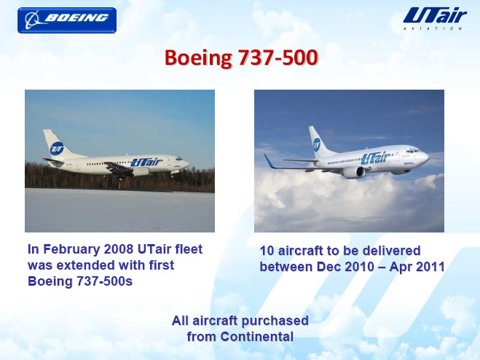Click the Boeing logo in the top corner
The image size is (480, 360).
(x=67, y=20)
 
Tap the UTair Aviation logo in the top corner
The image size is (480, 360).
(x=435, y=18)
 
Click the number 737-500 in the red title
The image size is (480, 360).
(x=278, y=58)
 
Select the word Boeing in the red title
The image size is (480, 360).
(x=198, y=58)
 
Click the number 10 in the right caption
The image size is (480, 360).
(x=267, y=251)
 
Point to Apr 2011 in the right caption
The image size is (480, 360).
(x=417, y=267)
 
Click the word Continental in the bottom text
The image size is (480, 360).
(x=256, y=337)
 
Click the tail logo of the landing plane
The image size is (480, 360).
(x=57, y=149)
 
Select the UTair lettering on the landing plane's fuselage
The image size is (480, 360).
(x=146, y=162)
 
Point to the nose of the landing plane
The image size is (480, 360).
(x=186, y=164)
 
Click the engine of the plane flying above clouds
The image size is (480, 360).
(x=354, y=172)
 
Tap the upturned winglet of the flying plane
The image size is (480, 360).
(x=269, y=161)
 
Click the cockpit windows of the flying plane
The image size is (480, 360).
(x=413, y=151)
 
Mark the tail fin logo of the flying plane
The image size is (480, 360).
(x=317, y=144)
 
